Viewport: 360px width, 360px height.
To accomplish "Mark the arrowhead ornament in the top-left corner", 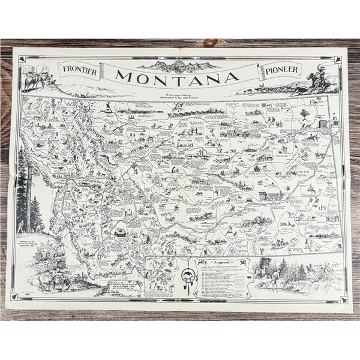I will (x=22, y=59).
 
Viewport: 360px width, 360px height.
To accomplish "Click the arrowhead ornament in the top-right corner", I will (x=337, y=59).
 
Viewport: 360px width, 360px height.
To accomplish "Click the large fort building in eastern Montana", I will (x=270, y=196).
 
